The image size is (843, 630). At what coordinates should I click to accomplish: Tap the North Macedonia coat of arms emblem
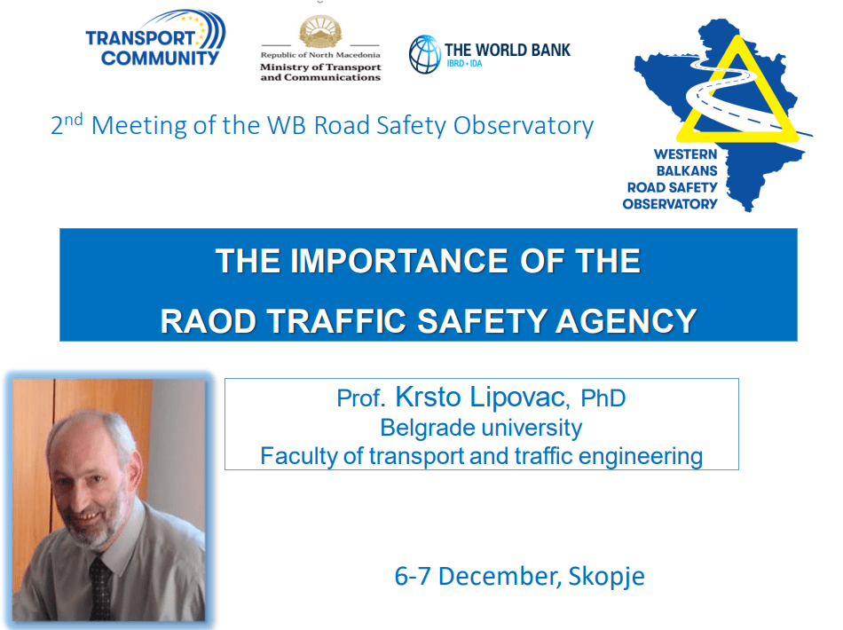pyautogui.click(x=320, y=32)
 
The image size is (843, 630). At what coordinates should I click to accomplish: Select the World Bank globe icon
pyautogui.click(x=425, y=54)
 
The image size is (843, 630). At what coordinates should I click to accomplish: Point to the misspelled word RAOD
pyautogui.click(x=208, y=321)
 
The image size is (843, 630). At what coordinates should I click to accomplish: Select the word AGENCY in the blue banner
pyautogui.click(x=626, y=321)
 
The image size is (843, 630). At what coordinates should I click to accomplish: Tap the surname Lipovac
pyautogui.click(x=517, y=398)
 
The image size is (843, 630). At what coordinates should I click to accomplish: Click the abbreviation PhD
pyautogui.click(x=603, y=398)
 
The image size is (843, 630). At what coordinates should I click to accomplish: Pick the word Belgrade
pyautogui.click(x=428, y=429)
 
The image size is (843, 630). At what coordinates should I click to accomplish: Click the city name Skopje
pyautogui.click(x=606, y=577)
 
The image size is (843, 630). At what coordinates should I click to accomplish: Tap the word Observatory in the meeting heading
pyautogui.click(x=524, y=126)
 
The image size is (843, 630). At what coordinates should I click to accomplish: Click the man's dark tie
pyautogui.click(x=100, y=588)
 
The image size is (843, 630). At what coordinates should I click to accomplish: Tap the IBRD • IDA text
pyautogui.click(x=464, y=63)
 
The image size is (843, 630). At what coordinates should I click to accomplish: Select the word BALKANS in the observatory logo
pyautogui.click(x=687, y=171)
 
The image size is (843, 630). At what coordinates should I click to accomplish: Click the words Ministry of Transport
pyautogui.click(x=320, y=67)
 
